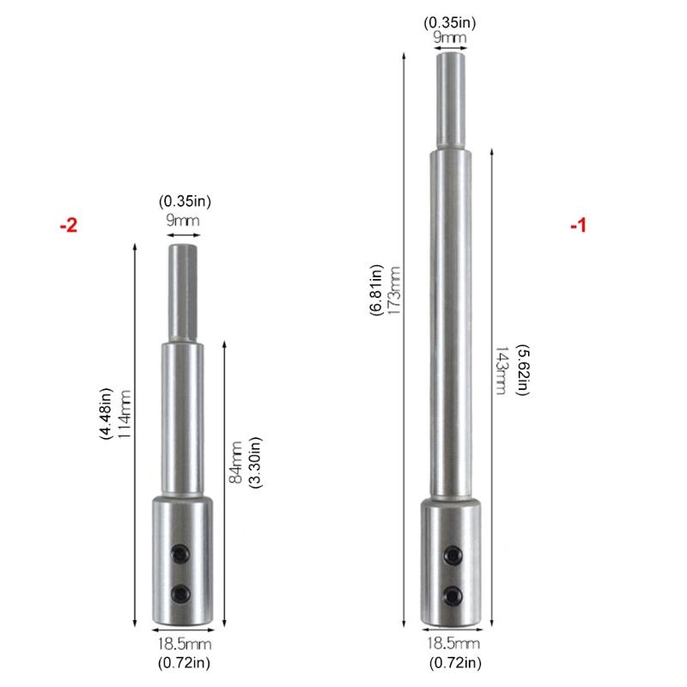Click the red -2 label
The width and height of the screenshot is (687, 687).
click(x=69, y=225)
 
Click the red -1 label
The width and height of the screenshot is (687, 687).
click(x=578, y=226)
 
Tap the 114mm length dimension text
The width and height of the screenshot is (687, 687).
click(x=125, y=415)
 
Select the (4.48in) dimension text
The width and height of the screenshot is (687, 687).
click(x=106, y=414)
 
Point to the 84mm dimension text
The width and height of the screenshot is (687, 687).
click(x=235, y=462)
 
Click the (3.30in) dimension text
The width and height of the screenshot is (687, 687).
click(x=255, y=462)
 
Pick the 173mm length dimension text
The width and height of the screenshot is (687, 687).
click(x=394, y=290)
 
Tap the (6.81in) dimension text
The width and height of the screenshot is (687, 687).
click(x=376, y=290)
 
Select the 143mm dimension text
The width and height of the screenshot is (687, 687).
click(x=501, y=371)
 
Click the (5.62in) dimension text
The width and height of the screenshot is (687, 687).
click(x=522, y=370)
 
